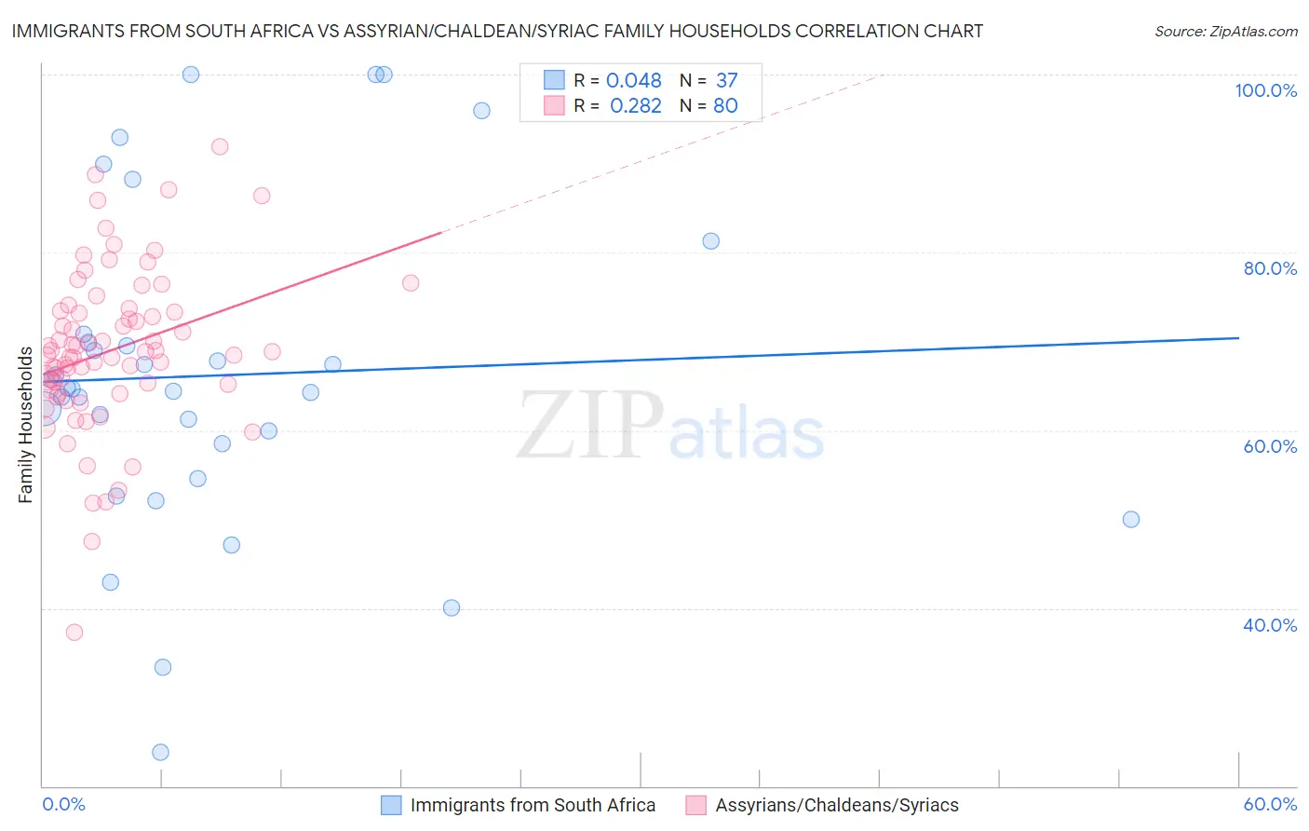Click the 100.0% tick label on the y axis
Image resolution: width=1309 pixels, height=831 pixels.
coord(1265,90)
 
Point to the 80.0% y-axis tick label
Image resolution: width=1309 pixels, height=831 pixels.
coord(1270,268)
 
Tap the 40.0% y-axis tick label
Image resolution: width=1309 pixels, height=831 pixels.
coord(1270,625)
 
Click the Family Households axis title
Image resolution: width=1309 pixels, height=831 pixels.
coord(25,425)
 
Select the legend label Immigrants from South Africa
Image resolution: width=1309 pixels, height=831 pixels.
coord(533,806)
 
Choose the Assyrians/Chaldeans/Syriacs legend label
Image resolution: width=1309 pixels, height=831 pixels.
coord(837,806)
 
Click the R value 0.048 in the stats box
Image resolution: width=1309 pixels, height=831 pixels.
coord(634,81)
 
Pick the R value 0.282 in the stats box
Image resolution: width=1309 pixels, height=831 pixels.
coord(636,106)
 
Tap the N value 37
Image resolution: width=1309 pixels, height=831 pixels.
coord(726,81)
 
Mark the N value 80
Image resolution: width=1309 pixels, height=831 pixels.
coord(725,106)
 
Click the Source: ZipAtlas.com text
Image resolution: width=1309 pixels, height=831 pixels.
coord(1225,32)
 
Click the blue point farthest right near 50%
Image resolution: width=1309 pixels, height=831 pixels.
coord(1131,520)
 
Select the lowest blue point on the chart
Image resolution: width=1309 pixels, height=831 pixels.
coord(160,753)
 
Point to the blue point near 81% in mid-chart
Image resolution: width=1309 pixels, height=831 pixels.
coord(711,241)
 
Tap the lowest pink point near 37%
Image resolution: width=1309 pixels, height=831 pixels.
coord(74,633)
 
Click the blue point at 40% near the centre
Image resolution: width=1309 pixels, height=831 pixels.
coord(452,608)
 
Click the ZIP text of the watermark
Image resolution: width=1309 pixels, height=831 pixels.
coord(590,426)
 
